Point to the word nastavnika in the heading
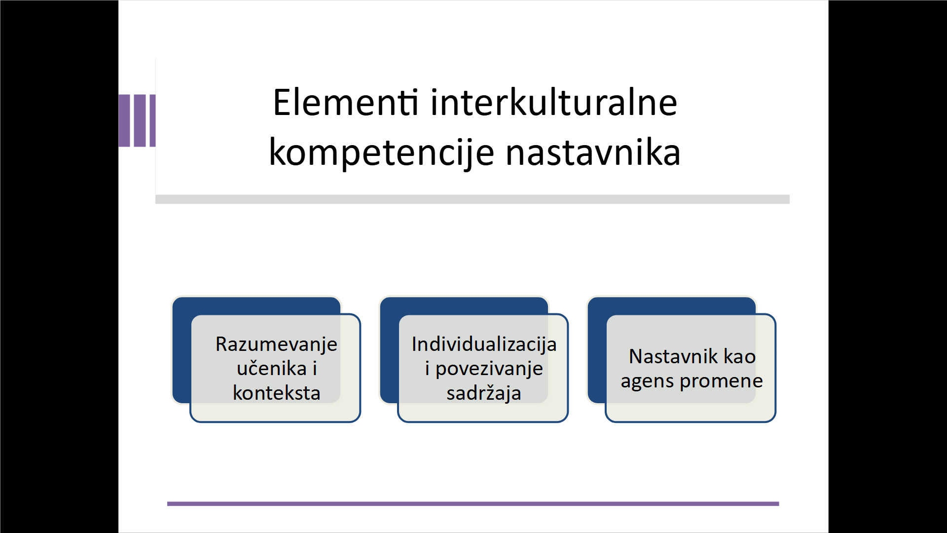(x=593, y=153)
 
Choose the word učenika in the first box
(x=272, y=368)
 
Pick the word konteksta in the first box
(x=276, y=393)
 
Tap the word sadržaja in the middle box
(x=483, y=393)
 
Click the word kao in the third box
(x=740, y=356)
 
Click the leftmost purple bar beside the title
(x=124, y=120)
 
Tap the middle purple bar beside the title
(x=140, y=120)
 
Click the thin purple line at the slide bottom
(x=473, y=504)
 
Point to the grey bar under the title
(x=473, y=199)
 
